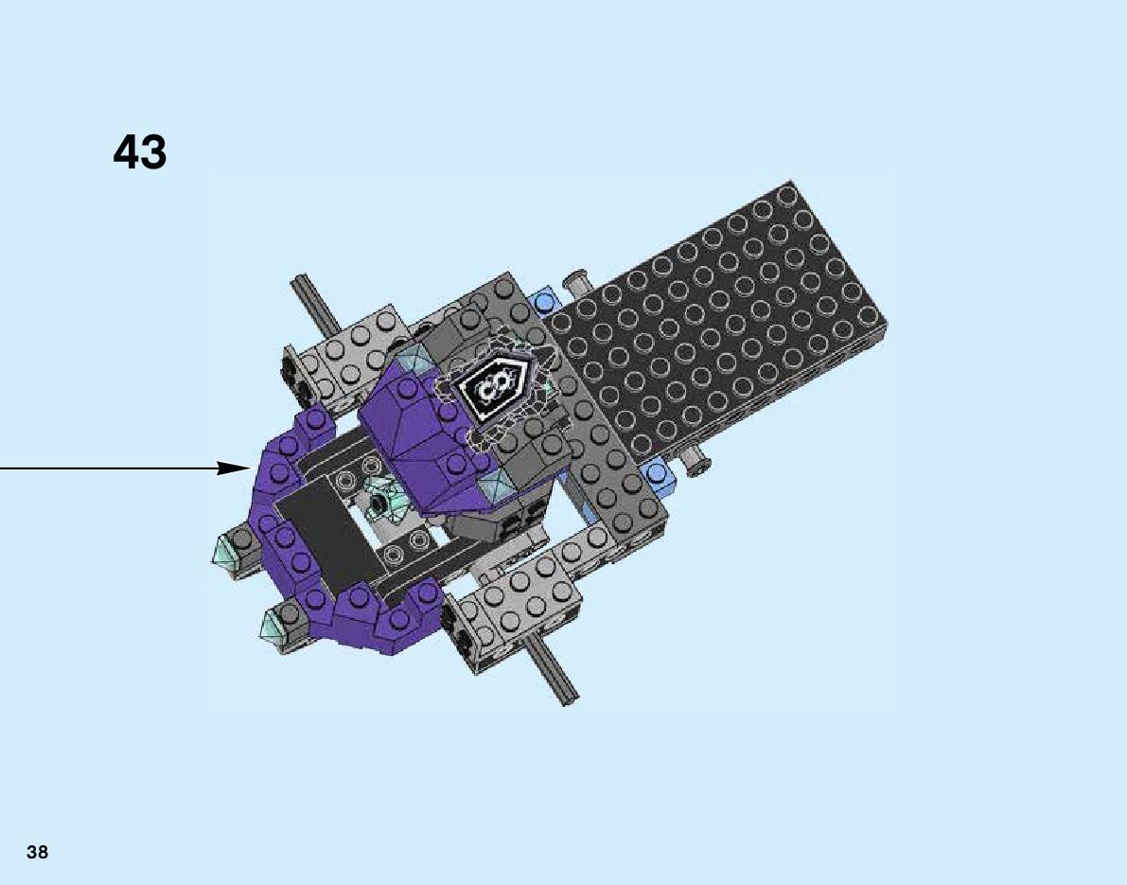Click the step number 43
(139, 151)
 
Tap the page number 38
(37, 852)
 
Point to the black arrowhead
(235, 469)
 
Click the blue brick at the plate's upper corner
(543, 299)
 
